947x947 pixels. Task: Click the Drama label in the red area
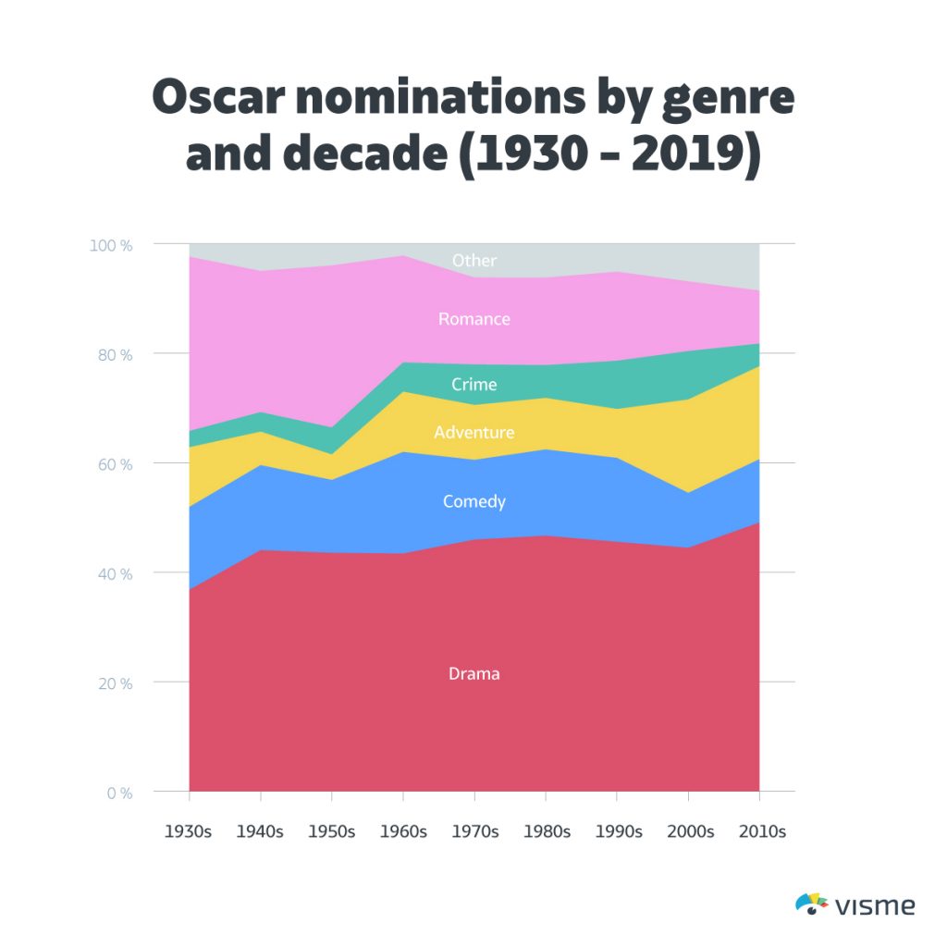click(473, 674)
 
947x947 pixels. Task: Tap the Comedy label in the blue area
click(473, 502)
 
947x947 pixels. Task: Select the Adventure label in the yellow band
click(473, 433)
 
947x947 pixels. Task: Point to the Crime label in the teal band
click(473, 385)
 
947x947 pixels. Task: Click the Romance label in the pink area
click(473, 319)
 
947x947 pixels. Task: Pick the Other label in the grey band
click(473, 261)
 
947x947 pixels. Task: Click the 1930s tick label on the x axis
click(189, 831)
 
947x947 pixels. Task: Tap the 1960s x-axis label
click(403, 831)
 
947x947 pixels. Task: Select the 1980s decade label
click(546, 831)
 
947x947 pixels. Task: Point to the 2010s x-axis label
click(762, 831)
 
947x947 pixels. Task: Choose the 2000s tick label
click(690, 831)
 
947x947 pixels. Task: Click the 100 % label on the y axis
click(111, 245)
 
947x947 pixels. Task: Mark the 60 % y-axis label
click(115, 464)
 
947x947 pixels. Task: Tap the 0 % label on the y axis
click(119, 793)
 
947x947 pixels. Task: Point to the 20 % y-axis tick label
click(115, 683)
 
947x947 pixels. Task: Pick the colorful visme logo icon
click(811, 904)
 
